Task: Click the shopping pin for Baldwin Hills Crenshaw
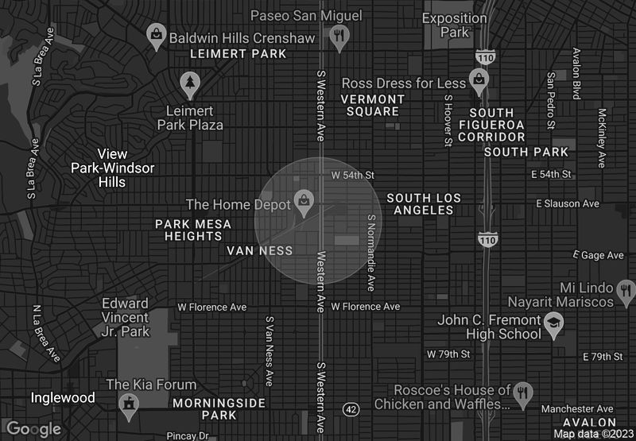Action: coord(157,35)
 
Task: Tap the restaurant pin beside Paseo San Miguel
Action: coord(340,36)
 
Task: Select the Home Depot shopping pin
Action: coord(303,201)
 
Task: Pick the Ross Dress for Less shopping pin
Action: coord(478,79)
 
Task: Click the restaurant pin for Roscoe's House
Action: coord(522,392)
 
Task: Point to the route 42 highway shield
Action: coord(350,408)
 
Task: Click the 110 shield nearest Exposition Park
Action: coord(485,57)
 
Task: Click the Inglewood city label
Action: coord(63,397)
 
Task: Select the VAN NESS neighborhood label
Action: coord(260,250)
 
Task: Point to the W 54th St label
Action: coord(353,174)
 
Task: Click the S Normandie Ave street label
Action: coord(370,252)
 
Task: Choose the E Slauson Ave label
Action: coord(567,204)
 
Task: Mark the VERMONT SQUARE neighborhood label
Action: coord(373,105)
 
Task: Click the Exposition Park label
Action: coord(456,25)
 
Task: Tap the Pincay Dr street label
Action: coord(188,435)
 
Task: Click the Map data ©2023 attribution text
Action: coord(594,434)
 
